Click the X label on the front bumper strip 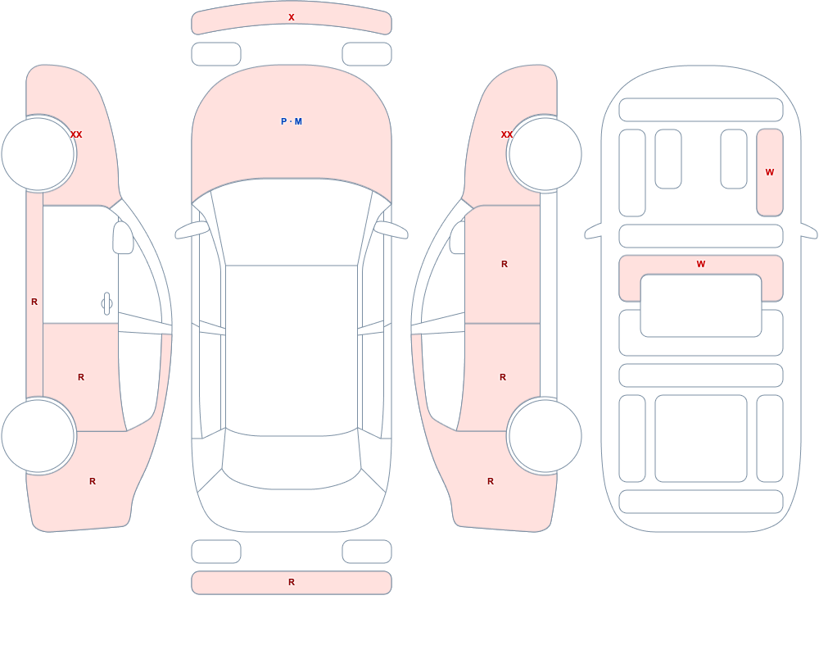click(292, 17)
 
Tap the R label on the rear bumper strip click(292, 582)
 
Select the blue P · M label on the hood click(292, 121)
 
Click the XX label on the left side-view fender click(76, 134)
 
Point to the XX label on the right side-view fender click(507, 134)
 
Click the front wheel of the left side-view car click(38, 154)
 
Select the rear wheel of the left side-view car click(38, 435)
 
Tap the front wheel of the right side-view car click(545, 154)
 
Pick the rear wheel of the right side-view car click(545, 435)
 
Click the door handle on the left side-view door click(106, 304)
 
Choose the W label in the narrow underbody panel click(769, 172)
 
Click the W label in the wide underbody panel click(701, 264)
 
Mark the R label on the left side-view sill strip click(34, 302)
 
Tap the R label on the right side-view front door click(505, 264)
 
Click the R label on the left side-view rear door click(81, 377)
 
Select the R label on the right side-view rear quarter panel click(491, 481)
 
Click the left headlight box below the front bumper click(216, 54)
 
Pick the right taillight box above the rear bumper click(367, 552)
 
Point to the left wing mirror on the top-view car click(192, 230)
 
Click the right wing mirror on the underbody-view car click(809, 230)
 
